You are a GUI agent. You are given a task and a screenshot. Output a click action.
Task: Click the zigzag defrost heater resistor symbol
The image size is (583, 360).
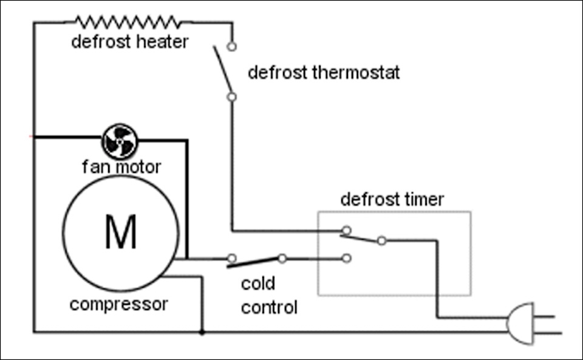pos(129,22)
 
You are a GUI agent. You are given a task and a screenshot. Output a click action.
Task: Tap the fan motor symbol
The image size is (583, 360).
pos(120,141)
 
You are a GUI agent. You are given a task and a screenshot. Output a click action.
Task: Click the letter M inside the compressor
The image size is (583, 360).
pos(121,231)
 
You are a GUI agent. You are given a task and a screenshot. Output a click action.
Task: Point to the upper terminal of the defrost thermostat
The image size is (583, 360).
pos(231,47)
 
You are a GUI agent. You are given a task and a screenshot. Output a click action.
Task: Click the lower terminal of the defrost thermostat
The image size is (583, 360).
pos(231,97)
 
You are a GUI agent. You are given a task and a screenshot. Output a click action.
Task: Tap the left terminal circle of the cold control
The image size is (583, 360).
pos(231,258)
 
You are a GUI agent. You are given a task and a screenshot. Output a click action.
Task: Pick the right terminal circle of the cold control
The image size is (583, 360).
pos(282,258)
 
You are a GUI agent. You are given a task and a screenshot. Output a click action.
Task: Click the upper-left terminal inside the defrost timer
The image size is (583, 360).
pos(346,230)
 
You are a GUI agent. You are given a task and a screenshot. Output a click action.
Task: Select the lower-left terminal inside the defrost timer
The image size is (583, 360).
pos(346,258)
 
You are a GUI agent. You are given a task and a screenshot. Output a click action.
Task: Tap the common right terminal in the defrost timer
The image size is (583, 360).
pos(381,241)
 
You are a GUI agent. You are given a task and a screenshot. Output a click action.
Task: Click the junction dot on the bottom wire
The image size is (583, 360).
pos(202,333)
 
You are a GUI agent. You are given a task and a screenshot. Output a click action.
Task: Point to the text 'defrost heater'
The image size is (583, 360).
pos(130,42)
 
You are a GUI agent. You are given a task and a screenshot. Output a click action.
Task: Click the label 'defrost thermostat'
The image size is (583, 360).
pos(324,72)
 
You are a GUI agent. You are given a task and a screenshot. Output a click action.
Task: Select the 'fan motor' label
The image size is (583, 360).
pos(121,166)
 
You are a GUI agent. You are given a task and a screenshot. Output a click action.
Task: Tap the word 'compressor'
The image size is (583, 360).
pos(119,305)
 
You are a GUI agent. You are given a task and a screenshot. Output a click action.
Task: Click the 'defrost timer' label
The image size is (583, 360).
pos(392,199)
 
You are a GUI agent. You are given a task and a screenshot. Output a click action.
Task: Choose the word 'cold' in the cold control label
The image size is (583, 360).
pos(258,284)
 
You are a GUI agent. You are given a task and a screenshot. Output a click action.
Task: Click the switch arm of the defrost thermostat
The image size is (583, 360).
pos(223,69)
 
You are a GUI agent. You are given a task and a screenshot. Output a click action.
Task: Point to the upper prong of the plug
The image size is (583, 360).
pos(544,317)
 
